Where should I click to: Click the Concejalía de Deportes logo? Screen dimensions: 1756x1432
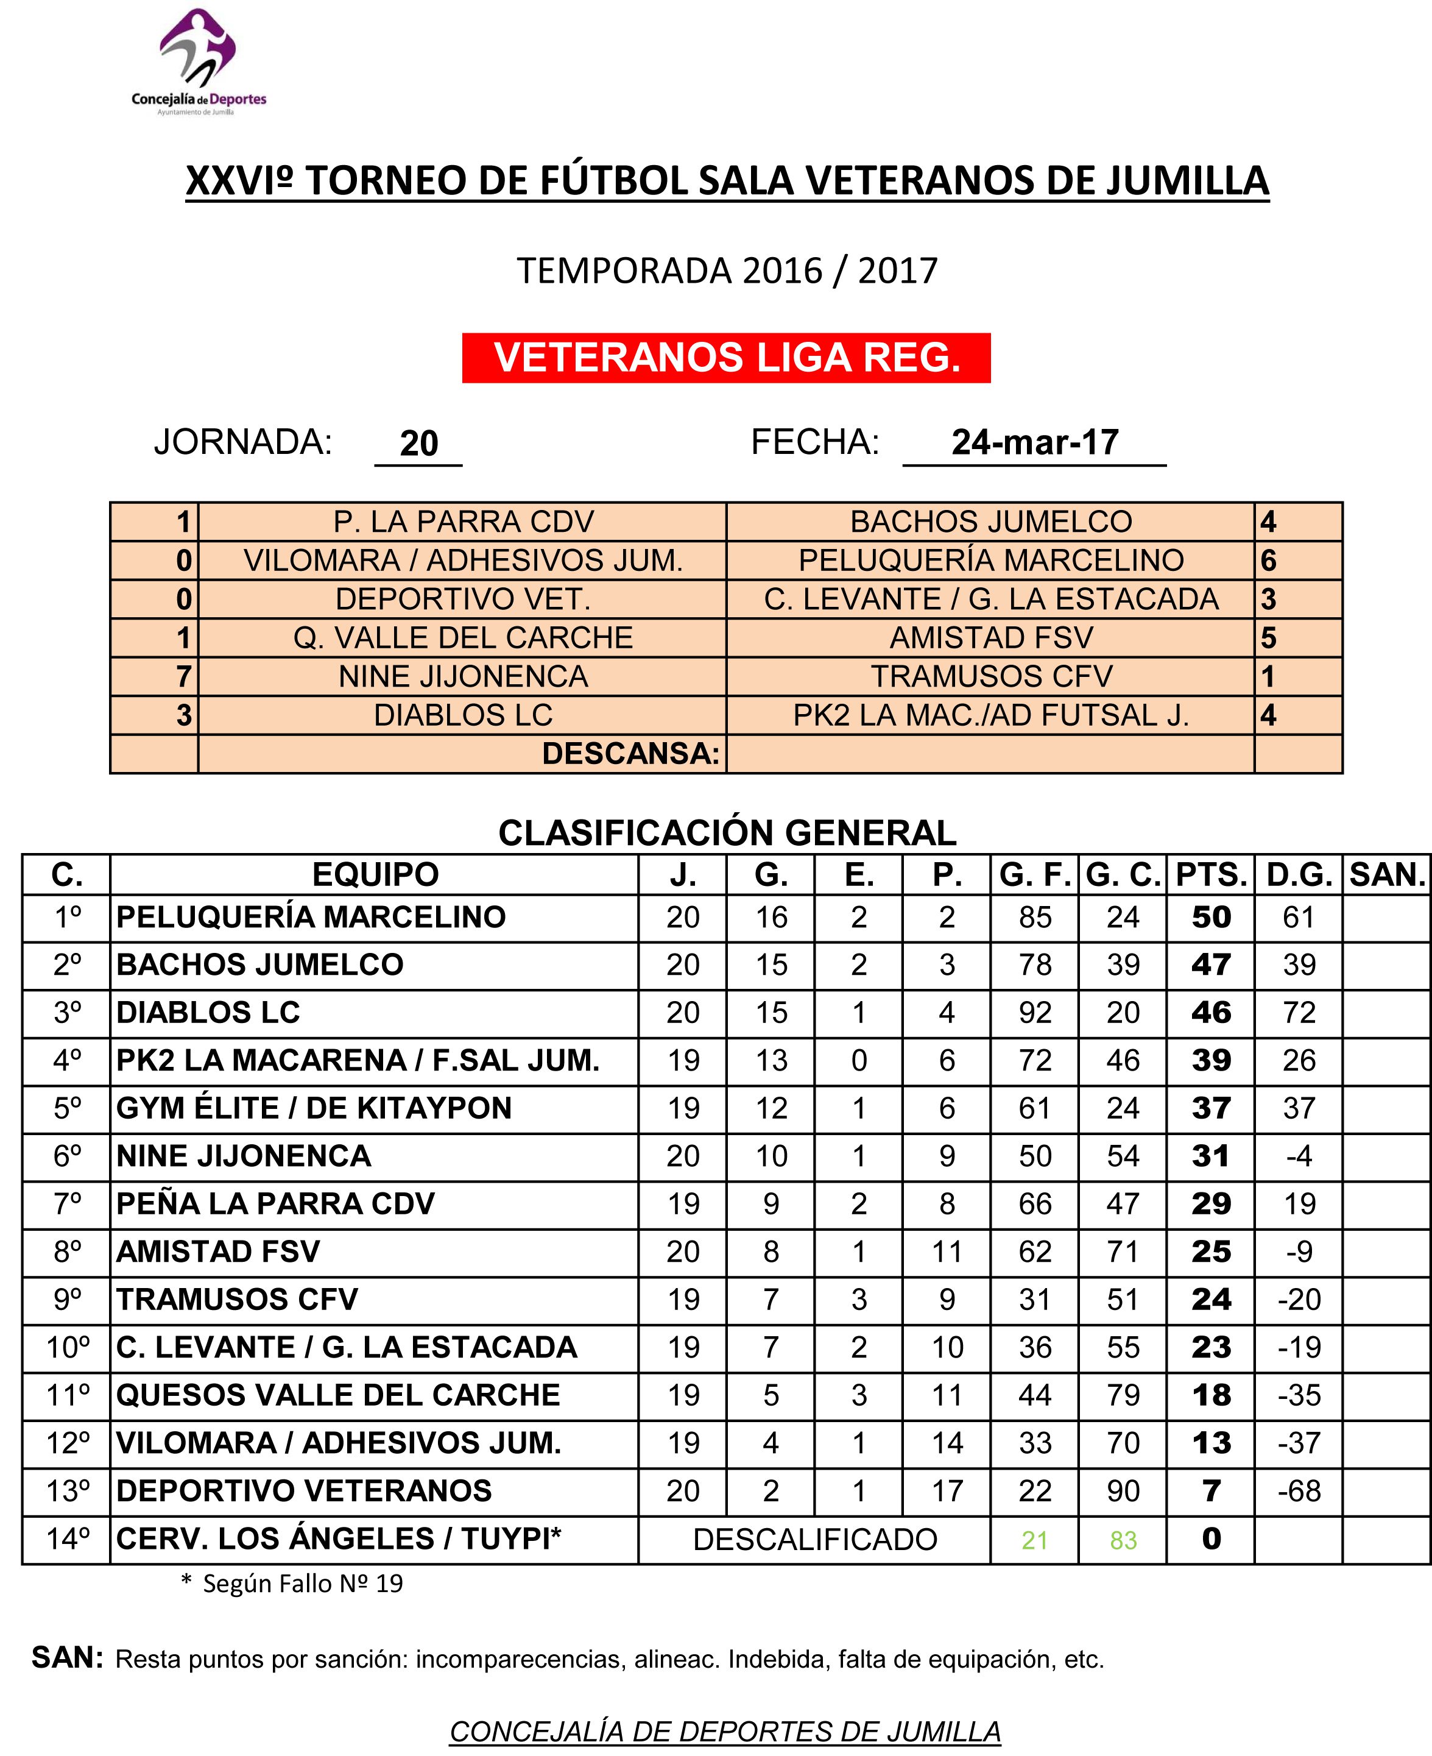(x=199, y=63)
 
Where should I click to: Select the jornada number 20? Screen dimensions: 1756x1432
(x=418, y=444)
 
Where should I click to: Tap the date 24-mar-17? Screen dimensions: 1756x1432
(x=1034, y=442)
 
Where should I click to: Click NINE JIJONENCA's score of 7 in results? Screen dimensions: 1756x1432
(x=184, y=677)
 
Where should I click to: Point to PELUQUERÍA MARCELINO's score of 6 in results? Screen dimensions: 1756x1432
(x=1269, y=561)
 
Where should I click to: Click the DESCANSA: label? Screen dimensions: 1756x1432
(x=630, y=753)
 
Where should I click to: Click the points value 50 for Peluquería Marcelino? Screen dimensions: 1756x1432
(x=1210, y=918)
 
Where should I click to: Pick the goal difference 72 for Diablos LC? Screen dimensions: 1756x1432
(x=1299, y=1013)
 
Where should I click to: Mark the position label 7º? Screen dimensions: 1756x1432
(x=67, y=1204)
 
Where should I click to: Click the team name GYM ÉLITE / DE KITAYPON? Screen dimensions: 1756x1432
(x=314, y=1108)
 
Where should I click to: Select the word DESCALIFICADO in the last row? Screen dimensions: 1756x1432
(x=814, y=1540)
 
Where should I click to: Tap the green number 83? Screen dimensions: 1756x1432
(x=1123, y=1540)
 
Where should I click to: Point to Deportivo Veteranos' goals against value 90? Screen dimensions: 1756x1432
(x=1123, y=1491)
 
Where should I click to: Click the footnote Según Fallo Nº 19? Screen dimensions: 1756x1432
(x=302, y=1584)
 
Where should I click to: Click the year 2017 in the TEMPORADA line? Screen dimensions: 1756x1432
(x=897, y=271)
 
